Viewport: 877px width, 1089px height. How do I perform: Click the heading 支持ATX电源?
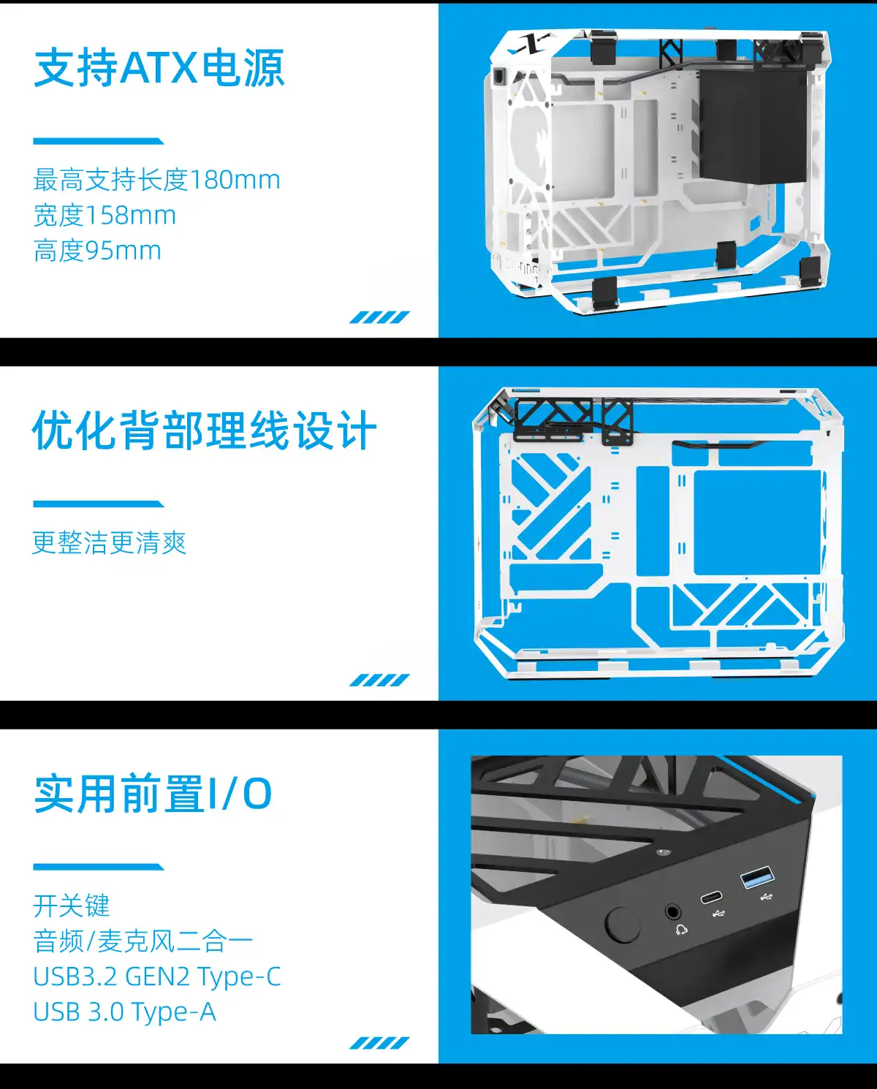coord(159,68)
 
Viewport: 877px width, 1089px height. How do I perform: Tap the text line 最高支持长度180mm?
coord(156,180)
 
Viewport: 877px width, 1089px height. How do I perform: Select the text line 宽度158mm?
coord(105,215)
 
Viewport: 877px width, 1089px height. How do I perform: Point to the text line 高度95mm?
coord(97,251)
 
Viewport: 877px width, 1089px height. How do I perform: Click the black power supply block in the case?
coord(753,126)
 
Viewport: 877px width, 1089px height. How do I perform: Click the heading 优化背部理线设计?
coord(205,430)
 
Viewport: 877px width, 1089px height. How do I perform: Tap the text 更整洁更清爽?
coord(110,542)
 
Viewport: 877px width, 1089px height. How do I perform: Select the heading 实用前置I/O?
coord(153,794)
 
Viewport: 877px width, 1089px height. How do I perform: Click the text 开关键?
coord(72,906)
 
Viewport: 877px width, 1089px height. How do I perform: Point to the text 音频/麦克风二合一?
coord(143,941)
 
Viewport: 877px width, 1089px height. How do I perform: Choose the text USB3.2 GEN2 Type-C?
coord(157,976)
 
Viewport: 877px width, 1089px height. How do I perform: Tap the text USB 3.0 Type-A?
coord(124,1012)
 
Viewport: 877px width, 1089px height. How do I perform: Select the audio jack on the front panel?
coord(672,912)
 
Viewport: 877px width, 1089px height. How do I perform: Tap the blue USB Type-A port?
coord(757,878)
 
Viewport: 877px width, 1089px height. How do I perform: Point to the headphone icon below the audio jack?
coord(682,930)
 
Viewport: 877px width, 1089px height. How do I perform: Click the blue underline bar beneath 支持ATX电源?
coord(99,141)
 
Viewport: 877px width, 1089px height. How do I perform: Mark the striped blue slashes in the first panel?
coord(379,317)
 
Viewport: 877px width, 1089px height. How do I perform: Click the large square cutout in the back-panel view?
coord(757,523)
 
